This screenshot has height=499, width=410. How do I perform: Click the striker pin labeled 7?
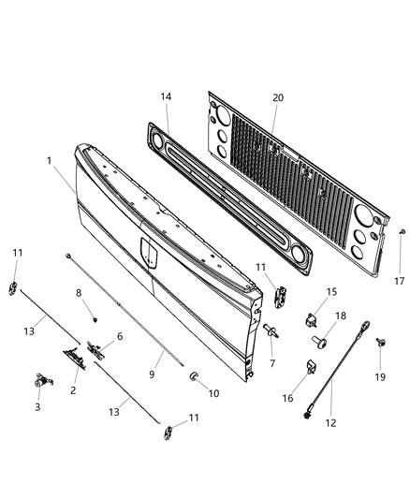[271, 329]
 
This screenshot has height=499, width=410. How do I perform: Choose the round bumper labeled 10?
[195, 375]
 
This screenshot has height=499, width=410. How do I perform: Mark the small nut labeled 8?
[95, 318]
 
